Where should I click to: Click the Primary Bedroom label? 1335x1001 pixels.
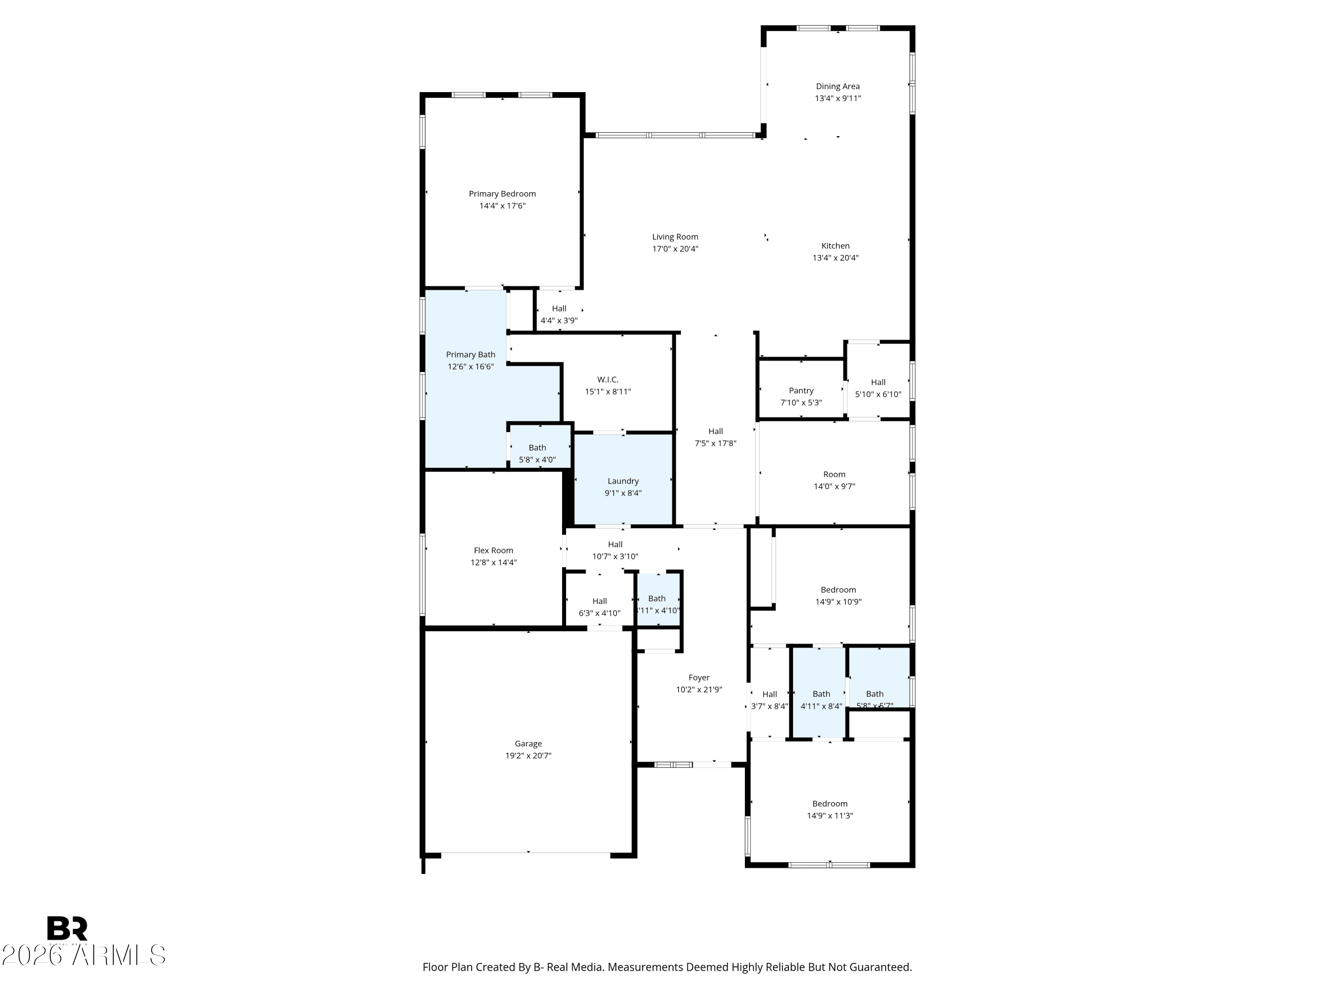pyautogui.click(x=502, y=194)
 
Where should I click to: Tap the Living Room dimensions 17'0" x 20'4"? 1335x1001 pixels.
pyautogui.click(x=675, y=249)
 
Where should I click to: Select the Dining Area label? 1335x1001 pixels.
pyautogui.click(x=837, y=86)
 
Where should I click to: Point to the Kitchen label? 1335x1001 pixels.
pyautogui.click(x=835, y=246)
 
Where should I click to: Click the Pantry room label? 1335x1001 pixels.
pyautogui.click(x=801, y=390)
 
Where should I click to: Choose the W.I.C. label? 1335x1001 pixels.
pyautogui.click(x=608, y=379)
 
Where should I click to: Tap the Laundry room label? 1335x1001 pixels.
pyautogui.click(x=623, y=481)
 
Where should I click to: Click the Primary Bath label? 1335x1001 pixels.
pyautogui.click(x=470, y=355)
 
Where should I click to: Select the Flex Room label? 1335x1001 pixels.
pyautogui.click(x=493, y=550)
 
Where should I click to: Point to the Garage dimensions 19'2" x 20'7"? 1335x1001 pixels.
pyautogui.click(x=528, y=755)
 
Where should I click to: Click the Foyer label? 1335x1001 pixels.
pyautogui.click(x=699, y=678)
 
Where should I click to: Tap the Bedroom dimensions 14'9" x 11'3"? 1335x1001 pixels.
pyautogui.click(x=830, y=815)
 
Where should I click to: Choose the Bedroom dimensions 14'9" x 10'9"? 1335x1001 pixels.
pyautogui.click(x=838, y=601)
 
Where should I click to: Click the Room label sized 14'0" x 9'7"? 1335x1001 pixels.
pyautogui.click(x=834, y=474)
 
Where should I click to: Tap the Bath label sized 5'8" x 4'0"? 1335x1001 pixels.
pyautogui.click(x=537, y=448)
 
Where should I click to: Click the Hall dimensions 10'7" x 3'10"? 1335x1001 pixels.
pyautogui.click(x=615, y=556)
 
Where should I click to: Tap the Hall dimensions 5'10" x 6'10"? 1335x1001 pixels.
pyautogui.click(x=878, y=395)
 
